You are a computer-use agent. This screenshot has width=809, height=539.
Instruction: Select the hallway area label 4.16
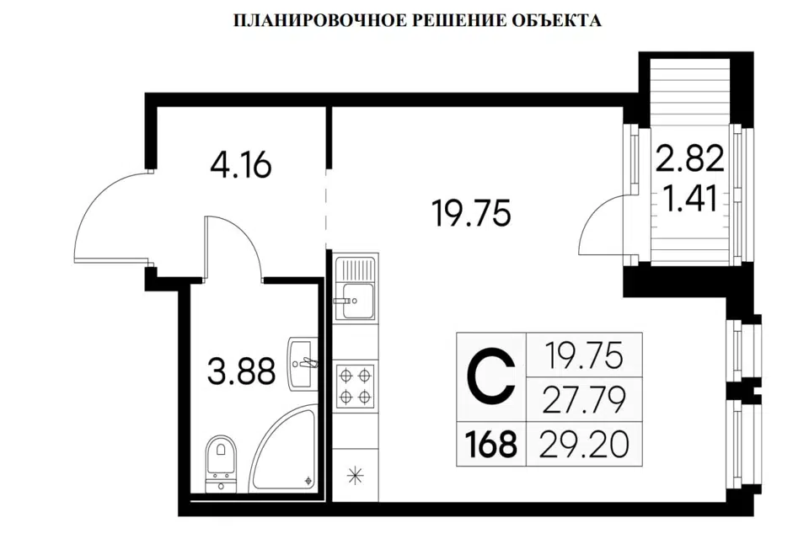coord(241,166)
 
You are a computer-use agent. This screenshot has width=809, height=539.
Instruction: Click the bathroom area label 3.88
coord(241,372)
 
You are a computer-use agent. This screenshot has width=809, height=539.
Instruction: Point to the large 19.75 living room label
coord(472,214)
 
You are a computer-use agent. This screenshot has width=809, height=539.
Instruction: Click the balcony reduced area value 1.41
coord(690,199)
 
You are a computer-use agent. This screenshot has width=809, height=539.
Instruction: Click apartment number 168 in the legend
coord(490,444)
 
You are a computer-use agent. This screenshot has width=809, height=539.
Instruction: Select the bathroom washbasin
coord(303,362)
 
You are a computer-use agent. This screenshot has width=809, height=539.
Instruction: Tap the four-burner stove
coord(356,385)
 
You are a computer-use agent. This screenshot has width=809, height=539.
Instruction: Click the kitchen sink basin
coord(356,301)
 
